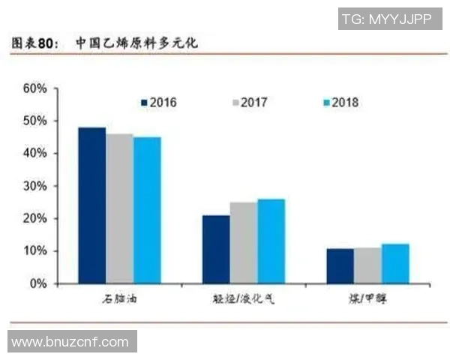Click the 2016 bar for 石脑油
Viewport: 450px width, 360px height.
pyautogui.click(x=92, y=205)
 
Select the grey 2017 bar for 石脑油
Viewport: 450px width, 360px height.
pyautogui.click(x=120, y=208)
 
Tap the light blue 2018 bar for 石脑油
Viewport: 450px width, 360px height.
pyautogui.click(x=147, y=210)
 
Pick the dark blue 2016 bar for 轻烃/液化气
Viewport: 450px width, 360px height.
pyautogui.click(x=216, y=250)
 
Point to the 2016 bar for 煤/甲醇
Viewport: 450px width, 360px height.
pyautogui.click(x=340, y=266)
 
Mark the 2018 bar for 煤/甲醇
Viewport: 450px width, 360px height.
pyautogui.click(x=394, y=264)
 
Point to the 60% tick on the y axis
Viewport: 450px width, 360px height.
pyautogui.click(x=35, y=88)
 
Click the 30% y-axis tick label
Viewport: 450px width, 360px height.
pyautogui.click(x=35, y=186)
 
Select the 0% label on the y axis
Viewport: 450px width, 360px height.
pyautogui.click(x=38, y=284)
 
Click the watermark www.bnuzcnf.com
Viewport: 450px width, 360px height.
pyautogui.click(x=70, y=342)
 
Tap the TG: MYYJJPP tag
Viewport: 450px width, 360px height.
pyautogui.click(x=386, y=19)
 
